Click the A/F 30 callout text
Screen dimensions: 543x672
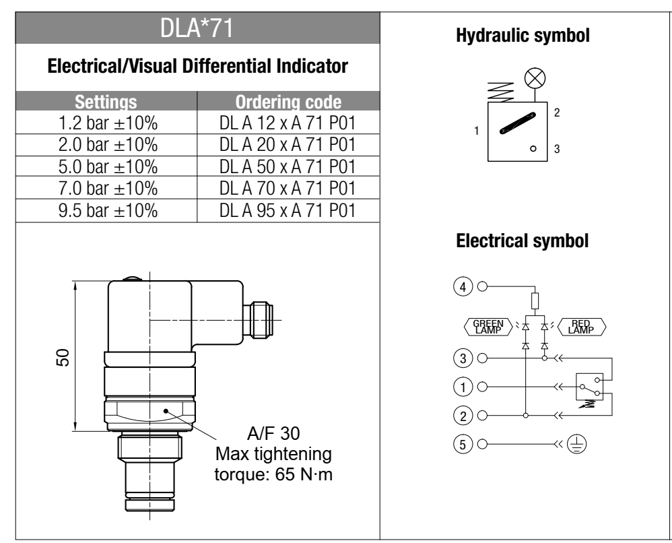tap(284, 435)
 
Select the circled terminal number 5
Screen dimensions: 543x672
tap(463, 444)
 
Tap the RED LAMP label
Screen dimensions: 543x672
tap(579, 326)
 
